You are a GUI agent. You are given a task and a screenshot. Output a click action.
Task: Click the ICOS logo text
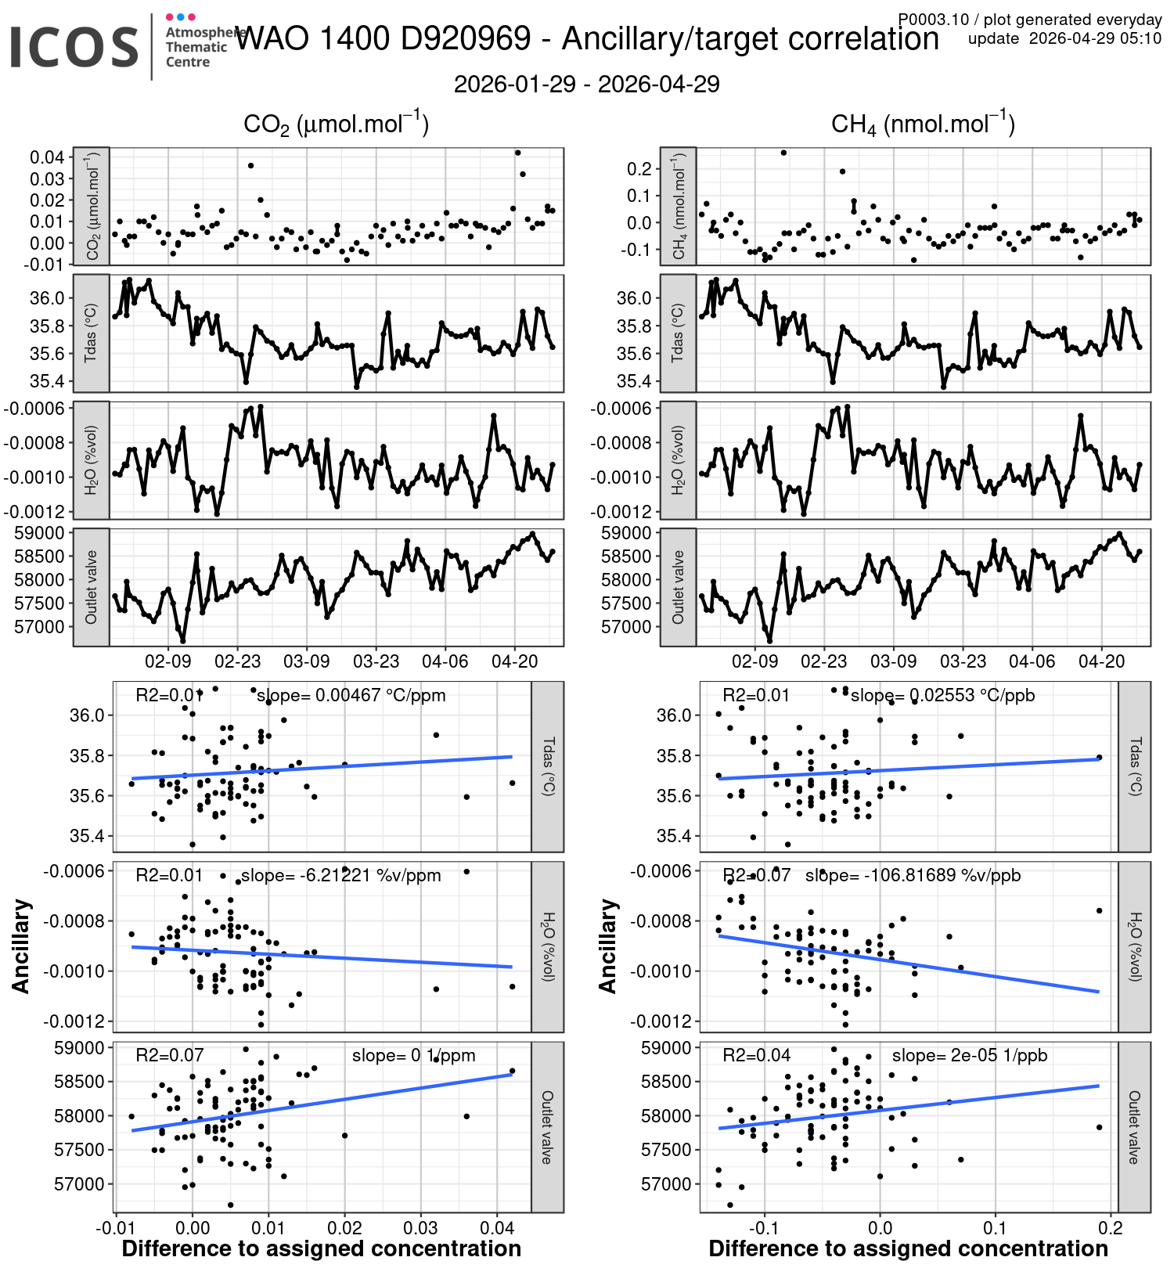click(x=74, y=47)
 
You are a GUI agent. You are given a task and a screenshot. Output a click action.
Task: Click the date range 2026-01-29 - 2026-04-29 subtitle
click(x=586, y=85)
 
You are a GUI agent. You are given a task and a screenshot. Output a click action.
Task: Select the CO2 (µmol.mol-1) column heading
click(x=336, y=124)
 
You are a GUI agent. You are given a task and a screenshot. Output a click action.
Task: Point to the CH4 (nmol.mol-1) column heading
click(x=923, y=124)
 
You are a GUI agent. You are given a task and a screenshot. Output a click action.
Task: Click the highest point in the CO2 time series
click(x=517, y=153)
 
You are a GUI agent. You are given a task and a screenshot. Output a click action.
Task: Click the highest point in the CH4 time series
click(x=783, y=153)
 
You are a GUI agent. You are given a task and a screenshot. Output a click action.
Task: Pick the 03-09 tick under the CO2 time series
click(x=307, y=661)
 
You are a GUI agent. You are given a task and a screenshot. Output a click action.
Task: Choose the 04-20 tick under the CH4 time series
click(x=1101, y=661)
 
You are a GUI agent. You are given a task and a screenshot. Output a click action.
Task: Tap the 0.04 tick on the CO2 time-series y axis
click(x=47, y=157)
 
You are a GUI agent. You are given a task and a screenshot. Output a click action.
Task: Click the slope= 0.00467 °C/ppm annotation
click(x=351, y=695)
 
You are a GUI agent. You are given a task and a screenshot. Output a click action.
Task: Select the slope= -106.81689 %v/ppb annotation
click(x=913, y=875)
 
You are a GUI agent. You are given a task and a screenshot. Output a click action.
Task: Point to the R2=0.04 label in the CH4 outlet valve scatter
click(x=756, y=1055)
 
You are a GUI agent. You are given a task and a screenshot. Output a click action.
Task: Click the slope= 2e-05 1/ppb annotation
click(x=969, y=1055)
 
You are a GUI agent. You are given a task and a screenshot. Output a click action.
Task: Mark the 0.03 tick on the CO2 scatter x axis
click(x=421, y=1228)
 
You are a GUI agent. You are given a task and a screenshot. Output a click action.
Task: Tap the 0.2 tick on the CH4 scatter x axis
click(x=1111, y=1228)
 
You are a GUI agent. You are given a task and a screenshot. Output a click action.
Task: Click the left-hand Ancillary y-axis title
click(x=21, y=946)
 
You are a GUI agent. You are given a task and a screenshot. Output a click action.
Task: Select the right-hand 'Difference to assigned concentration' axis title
click(x=908, y=1248)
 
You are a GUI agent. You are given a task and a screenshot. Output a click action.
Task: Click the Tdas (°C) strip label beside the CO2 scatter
click(x=548, y=766)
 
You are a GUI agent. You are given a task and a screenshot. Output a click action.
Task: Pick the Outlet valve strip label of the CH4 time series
click(x=678, y=587)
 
